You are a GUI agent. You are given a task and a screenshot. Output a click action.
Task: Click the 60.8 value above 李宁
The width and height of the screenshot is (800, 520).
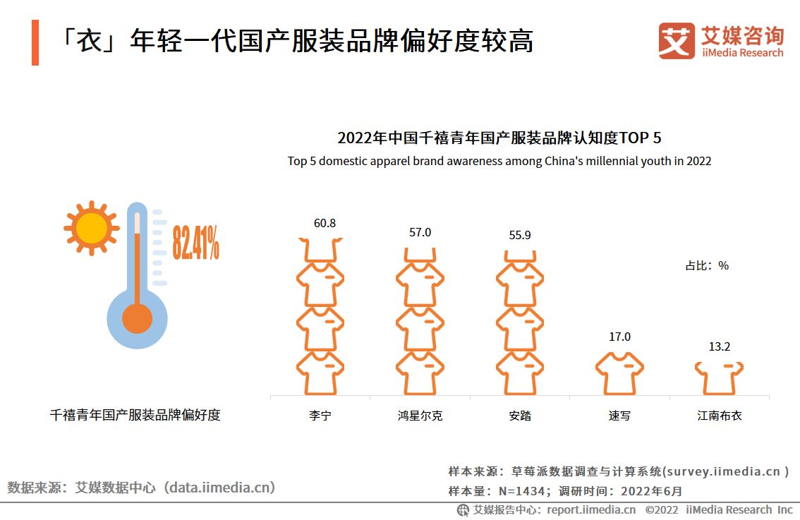coord(325,224)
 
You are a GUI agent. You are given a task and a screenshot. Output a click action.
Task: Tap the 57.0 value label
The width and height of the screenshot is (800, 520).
coord(420,232)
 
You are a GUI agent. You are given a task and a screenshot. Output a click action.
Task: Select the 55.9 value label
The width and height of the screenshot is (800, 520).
coord(519,235)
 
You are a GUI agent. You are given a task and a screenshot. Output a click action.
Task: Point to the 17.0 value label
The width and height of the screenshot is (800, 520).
coord(619,337)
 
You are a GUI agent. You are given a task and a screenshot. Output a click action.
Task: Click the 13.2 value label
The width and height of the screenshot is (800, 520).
coord(719,346)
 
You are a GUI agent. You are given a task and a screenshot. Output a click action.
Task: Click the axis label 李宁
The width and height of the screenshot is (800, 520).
coord(320,416)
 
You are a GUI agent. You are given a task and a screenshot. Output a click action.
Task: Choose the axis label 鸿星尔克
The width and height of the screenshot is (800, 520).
coord(420,416)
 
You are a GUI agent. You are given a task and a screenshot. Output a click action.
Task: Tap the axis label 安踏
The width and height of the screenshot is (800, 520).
coord(519,416)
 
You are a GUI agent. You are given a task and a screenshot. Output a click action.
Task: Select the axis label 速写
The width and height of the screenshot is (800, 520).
coord(619,416)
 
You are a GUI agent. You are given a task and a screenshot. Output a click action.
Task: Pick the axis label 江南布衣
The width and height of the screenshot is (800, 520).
coord(720,416)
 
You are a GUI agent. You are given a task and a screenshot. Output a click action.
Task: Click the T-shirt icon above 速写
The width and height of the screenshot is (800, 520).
coord(619,373)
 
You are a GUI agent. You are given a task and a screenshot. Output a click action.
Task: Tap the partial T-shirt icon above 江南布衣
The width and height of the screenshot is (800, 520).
coord(719,378)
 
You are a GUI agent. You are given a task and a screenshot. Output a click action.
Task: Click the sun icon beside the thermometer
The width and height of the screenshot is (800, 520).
coord(91,229)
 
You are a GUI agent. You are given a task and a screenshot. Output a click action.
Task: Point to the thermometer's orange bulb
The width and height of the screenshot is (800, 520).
coord(137,318)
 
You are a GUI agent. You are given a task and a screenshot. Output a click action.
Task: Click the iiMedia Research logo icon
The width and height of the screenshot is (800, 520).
coord(676,41)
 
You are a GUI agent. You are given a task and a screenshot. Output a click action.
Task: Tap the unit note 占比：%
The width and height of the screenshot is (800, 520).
coord(707,266)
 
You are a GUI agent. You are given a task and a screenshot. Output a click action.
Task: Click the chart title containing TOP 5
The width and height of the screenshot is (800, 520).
coord(499,138)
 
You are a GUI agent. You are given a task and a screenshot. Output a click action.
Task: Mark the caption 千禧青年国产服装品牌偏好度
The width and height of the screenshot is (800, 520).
coord(135,415)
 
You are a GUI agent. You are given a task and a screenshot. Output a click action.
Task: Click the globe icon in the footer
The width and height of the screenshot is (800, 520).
coord(463,509)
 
